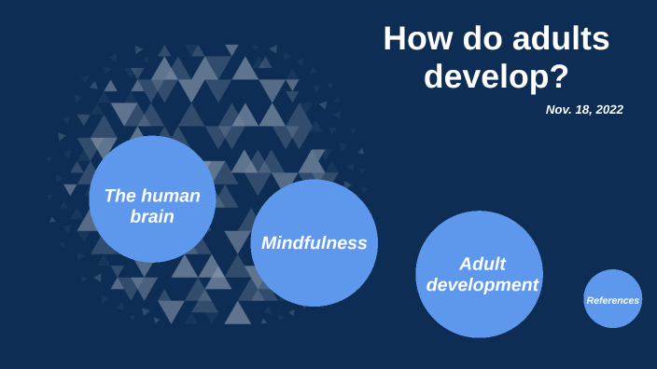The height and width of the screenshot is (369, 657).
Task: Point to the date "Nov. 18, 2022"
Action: point(584,110)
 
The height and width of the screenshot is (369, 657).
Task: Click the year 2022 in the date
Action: point(608,110)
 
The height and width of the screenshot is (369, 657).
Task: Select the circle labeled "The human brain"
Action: point(152,198)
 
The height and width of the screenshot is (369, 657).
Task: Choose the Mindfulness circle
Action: point(314,243)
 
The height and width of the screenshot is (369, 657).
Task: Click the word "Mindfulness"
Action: point(314,243)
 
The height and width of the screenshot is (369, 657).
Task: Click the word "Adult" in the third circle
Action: point(482,264)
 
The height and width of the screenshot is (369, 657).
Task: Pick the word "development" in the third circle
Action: point(482,285)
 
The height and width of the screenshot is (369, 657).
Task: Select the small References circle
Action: point(613,299)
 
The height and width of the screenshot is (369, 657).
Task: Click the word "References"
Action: point(613,300)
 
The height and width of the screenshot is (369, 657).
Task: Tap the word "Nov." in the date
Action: point(558,110)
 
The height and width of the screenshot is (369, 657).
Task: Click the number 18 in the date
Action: point(581,110)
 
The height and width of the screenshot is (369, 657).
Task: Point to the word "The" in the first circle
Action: point(120,196)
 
